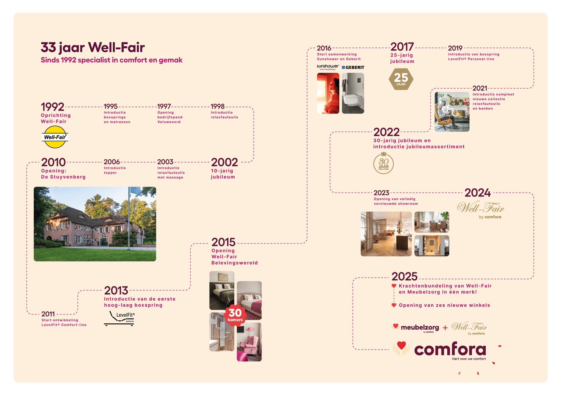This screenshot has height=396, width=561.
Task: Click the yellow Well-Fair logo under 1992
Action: (55, 137)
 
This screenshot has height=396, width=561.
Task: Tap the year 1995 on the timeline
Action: (111, 106)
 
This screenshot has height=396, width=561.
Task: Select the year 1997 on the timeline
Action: (164, 106)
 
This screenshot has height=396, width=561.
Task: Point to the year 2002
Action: (224, 162)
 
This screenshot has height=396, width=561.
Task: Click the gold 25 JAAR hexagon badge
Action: (401, 79)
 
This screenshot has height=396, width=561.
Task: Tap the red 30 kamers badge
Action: (235, 315)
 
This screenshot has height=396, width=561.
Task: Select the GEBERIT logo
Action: (353, 67)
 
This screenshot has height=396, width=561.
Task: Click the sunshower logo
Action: (328, 67)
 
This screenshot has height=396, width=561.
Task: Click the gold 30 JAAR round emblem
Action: (383, 163)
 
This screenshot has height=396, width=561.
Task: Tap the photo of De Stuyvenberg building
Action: (95, 224)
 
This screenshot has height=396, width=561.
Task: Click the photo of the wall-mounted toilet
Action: (353, 93)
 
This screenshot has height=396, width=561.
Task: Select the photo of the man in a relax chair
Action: (452, 112)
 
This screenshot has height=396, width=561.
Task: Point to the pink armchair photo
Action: (249, 342)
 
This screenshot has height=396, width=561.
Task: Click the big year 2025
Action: (404, 277)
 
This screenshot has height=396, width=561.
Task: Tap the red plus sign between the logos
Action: (445, 328)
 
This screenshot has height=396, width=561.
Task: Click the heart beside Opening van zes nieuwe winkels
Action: (394, 305)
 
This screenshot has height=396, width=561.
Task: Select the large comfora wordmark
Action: (450, 349)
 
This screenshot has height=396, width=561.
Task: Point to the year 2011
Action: (48, 314)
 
